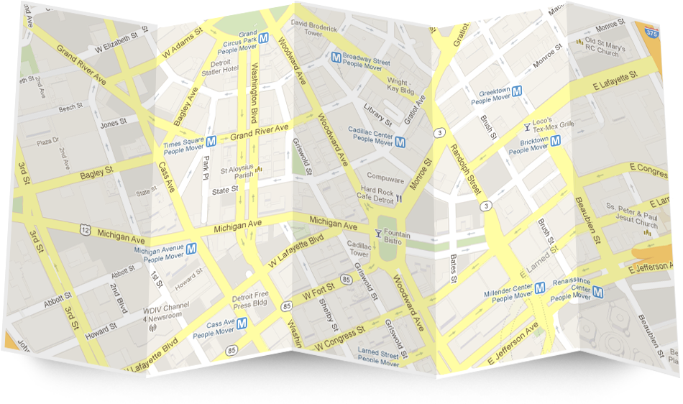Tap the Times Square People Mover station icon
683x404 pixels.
coord(211,142)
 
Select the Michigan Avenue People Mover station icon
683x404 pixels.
coord(191,249)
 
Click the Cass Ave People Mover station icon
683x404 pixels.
coord(242,323)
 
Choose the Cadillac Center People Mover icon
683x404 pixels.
coord(400,142)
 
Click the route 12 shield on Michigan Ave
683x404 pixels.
coord(86,229)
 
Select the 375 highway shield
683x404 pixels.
coord(651,32)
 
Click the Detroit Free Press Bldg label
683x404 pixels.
coord(250,300)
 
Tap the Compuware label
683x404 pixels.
coord(385,176)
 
